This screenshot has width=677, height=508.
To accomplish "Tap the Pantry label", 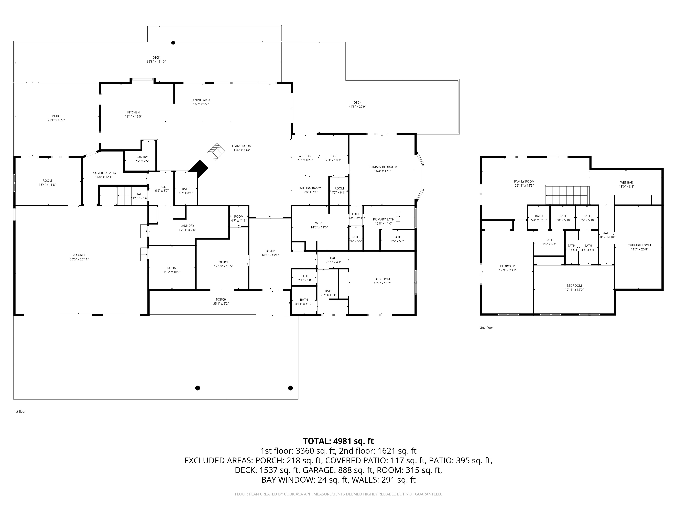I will tap(142, 157).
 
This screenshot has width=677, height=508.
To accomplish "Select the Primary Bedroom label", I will tap(383, 167).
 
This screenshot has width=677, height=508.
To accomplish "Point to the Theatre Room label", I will tap(639, 245).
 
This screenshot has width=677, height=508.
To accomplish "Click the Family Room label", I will tap(524, 182).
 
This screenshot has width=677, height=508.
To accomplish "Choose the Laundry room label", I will tap(187, 226).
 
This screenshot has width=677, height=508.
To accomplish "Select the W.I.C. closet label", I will tap(319, 223).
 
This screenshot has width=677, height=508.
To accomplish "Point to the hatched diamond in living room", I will tap(216, 152).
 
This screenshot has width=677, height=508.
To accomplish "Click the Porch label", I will tap(221, 300).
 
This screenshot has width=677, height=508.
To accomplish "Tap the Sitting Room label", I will tap(310, 188).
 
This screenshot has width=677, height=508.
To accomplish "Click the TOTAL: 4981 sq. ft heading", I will tap(338, 441).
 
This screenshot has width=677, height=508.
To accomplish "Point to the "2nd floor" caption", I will tap(486, 328).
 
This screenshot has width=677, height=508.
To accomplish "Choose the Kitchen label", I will tap(133, 112).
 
